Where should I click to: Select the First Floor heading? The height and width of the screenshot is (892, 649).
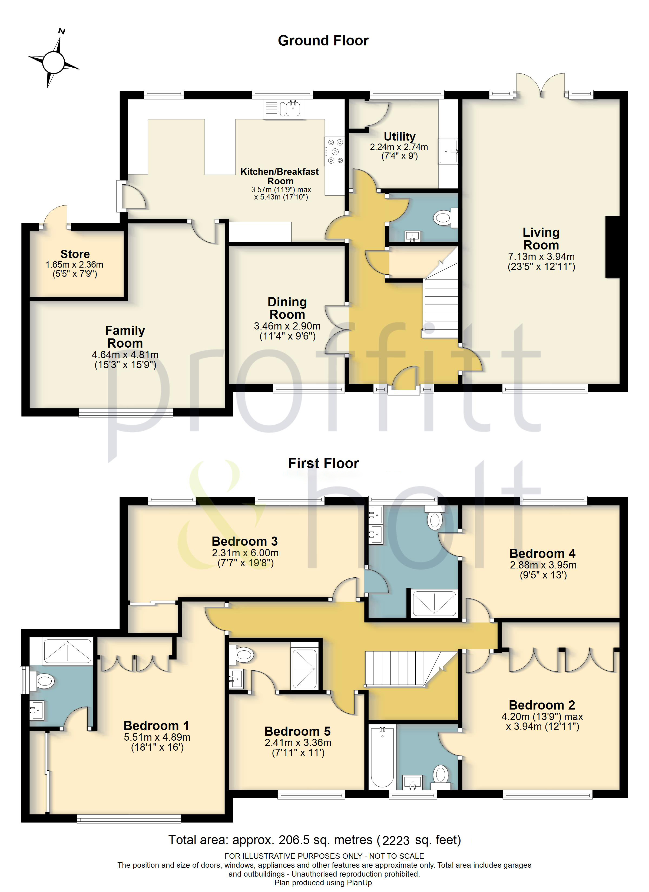tap(323, 463)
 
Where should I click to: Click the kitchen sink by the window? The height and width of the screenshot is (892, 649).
tap(292, 109)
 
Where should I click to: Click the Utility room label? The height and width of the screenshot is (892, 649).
tap(399, 137)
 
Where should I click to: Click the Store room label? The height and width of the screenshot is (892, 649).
tap(75, 254)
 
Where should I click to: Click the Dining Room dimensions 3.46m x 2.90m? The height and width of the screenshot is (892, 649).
tap(287, 326)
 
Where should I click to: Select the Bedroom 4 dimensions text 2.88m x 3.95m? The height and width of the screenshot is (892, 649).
tap(543, 565)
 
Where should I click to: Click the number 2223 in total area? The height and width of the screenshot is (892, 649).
tap(396, 840)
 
